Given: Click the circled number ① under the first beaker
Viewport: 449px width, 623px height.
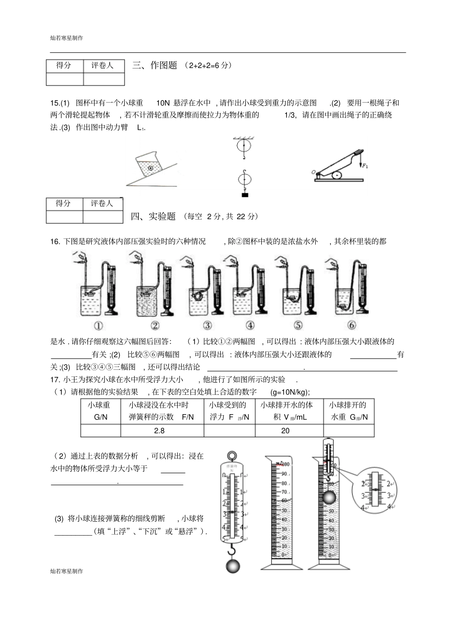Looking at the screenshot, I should (x=99, y=325).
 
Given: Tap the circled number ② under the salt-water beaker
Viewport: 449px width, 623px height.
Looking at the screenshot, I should (x=155, y=325).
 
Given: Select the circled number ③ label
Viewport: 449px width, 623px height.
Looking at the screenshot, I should (x=207, y=325).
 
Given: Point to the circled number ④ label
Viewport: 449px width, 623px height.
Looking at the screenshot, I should (x=250, y=325).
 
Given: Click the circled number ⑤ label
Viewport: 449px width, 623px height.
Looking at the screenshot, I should (x=298, y=325).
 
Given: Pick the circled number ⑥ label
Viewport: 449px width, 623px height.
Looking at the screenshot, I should (x=351, y=325).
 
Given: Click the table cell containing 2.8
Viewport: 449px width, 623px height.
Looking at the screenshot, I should (x=162, y=431).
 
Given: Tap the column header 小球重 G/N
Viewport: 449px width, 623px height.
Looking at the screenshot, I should (x=101, y=411).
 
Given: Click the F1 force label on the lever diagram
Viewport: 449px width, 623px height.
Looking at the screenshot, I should (x=365, y=165).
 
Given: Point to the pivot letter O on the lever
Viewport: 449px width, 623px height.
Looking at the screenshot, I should (x=313, y=172).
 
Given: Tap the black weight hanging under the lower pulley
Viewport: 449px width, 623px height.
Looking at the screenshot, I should (x=244, y=195).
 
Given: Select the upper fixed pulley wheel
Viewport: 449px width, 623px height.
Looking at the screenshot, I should (x=244, y=145).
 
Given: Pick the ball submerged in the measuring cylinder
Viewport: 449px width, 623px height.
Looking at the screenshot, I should (x=329, y=497).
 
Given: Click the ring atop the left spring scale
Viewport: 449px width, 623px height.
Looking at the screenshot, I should (x=232, y=456).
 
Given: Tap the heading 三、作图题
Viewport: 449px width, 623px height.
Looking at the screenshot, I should (x=155, y=66).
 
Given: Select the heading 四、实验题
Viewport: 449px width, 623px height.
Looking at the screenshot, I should (x=153, y=216).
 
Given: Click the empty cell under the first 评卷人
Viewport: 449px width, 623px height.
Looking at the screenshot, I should (x=104, y=79).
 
